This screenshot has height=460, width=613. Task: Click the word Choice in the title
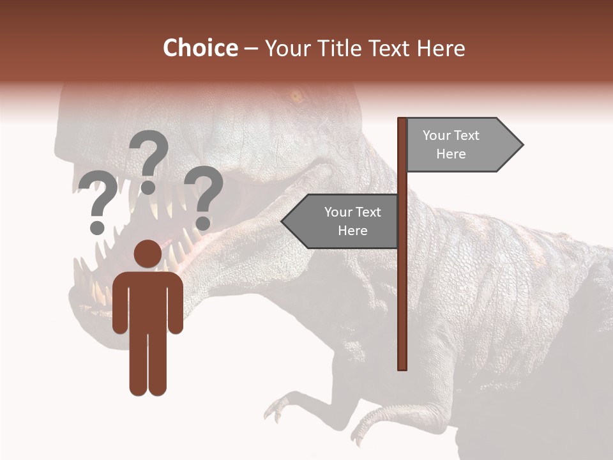click(x=200, y=49)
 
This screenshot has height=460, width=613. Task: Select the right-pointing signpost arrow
click(x=464, y=144)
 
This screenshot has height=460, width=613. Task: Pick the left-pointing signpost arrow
click(x=340, y=221)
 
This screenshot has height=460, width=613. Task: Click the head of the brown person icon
click(x=148, y=254)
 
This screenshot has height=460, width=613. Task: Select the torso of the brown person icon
click(x=148, y=300)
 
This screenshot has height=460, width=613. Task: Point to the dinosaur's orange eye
click(x=295, y=97)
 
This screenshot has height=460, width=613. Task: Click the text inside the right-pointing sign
click(x=451, y=144)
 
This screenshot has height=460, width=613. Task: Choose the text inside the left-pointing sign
click(x=352, y=221)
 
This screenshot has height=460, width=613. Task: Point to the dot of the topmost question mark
click(x=148, y=187)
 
